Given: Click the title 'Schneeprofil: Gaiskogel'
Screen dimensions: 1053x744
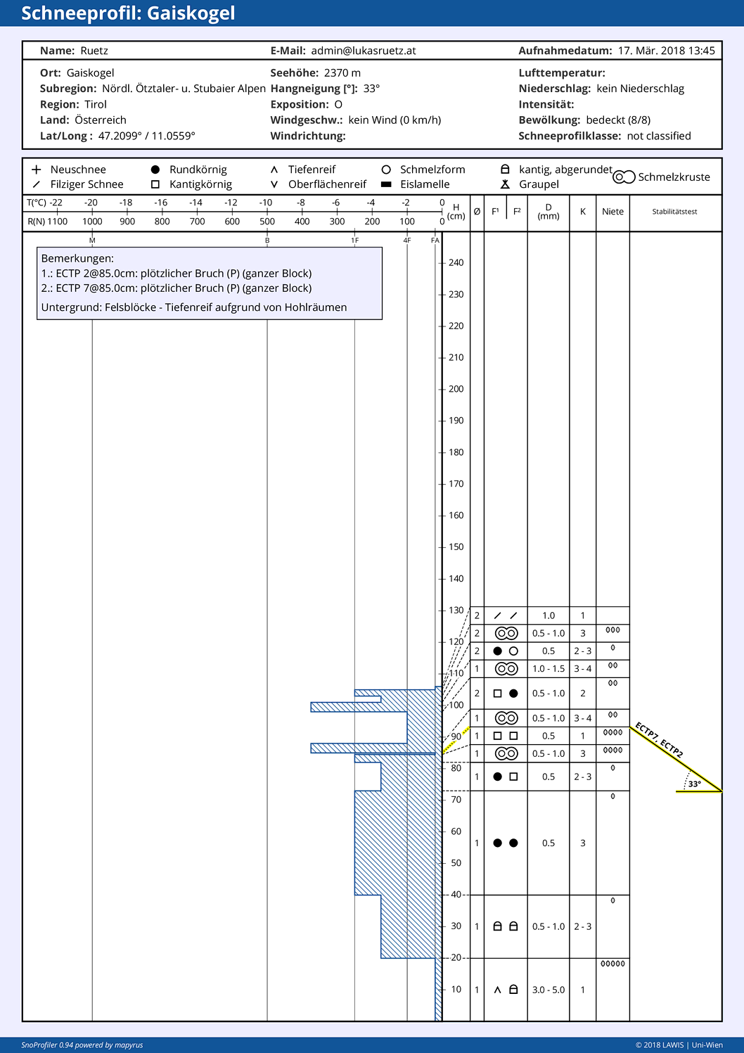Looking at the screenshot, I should tap(128, 13).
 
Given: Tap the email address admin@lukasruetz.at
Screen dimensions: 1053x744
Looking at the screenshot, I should tap(364, 51).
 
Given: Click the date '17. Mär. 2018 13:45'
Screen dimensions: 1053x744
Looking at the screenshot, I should tap(666, 51).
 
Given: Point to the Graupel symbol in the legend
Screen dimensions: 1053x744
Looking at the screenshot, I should tap(505, 184).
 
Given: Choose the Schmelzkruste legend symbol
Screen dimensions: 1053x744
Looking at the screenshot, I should tap(624, 177).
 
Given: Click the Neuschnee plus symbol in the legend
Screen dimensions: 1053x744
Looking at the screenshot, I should tap(37, 170).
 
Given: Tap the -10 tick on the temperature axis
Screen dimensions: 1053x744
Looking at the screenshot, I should tap(266, 203).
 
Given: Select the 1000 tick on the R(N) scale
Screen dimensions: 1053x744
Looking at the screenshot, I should tap(92, 222).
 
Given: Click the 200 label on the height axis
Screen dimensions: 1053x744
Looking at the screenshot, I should tap(456, 389).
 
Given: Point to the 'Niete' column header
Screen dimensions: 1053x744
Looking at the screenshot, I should tap(612, 212).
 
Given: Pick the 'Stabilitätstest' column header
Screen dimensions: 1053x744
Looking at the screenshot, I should tap(674, 212).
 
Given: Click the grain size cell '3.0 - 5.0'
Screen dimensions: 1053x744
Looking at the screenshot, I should tap(549, 990).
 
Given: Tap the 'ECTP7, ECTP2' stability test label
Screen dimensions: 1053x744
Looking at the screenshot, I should tap(659, 740).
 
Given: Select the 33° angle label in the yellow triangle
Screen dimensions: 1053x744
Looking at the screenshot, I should tap(695, 784).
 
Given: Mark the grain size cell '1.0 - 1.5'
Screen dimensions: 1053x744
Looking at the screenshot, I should tap(549, 669).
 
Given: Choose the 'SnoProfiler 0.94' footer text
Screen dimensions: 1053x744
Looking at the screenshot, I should tap(47, 1045).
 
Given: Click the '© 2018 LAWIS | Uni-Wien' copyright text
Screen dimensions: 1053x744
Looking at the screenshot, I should tap(679, 1045).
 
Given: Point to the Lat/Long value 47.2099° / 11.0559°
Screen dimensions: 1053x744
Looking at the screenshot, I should tap(146, 136).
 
